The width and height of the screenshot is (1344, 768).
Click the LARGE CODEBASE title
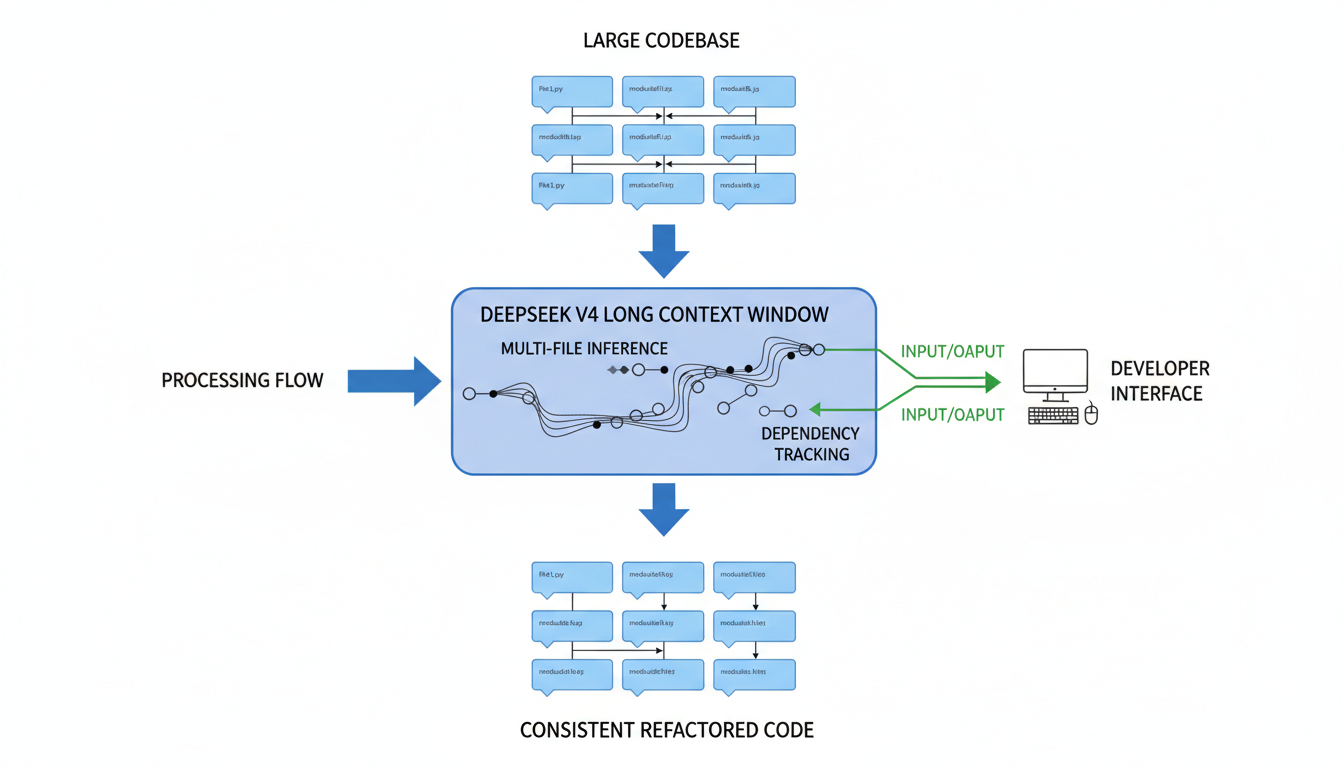(661, 41)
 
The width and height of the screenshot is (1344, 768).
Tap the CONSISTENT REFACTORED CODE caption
(666, 730)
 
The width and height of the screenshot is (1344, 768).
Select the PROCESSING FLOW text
(242, 381)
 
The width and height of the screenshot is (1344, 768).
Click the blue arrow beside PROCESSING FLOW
(394, 381)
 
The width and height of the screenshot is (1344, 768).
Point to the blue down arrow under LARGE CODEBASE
(663, 251)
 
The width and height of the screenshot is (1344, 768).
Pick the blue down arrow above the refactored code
(663, 509)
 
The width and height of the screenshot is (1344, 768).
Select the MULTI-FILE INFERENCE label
(584, 349)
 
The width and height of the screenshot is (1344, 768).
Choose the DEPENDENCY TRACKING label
(810, 444)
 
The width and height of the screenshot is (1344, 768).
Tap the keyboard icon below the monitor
(1053, 415)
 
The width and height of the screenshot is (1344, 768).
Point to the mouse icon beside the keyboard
(1091, 414)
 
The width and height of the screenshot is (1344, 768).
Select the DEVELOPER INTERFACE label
(1159, 381)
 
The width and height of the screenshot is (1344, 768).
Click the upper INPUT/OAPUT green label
(952, 352)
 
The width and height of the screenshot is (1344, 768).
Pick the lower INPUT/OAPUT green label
(952, 415)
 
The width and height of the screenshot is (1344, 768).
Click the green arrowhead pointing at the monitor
(992, 381)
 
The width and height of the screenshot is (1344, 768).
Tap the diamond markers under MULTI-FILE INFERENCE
(618, 370)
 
